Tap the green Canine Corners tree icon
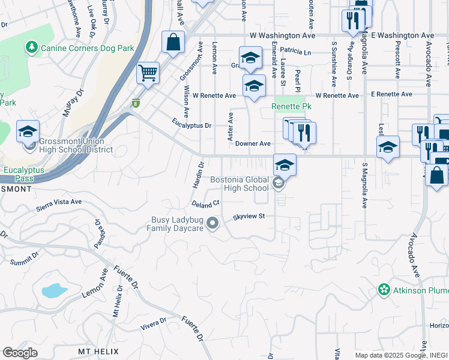tap(31, 47)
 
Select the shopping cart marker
tap(148, 74)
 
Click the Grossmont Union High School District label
tap(76, 145)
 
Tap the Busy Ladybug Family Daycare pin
tap(212, 224)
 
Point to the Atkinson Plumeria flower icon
tap(384, 290)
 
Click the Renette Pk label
tap(289, 107)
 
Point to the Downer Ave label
tap(253, 144)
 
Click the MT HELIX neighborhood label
tap(98, 351)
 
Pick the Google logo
tap(20, 353)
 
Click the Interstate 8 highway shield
tap(136, 103)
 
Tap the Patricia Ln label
tap(295, 53)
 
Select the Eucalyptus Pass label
tap(20, 174)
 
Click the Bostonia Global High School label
tap(239, 184)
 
